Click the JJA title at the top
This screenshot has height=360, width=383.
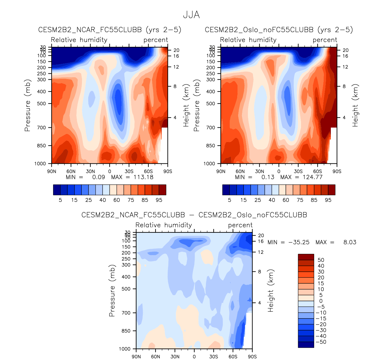tap(191, 15)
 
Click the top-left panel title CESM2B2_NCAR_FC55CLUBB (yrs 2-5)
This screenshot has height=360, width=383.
tap(110, 30)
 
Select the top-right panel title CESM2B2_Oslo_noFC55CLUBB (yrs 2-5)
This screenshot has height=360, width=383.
tap(279, 30)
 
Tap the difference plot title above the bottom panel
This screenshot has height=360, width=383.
tap(194, 215)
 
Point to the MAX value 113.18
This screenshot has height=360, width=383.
tap(144, 177)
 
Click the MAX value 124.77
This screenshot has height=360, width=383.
tap(313, 177)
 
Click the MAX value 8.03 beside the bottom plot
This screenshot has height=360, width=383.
tap(350, 242)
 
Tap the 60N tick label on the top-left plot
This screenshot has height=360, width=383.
tap(71, 171)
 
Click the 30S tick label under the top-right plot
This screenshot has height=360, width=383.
tap(298, 171)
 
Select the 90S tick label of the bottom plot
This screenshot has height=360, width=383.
tap(252, 357)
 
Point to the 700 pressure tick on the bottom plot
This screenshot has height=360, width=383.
tap(126, 313)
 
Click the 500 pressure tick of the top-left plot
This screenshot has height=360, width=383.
tap(41, 104)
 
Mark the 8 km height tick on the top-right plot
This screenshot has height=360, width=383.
tap(344, 86)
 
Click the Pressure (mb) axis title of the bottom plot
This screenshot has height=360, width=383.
tap(112, 290)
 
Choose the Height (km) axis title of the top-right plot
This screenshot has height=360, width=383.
tap(355, 105)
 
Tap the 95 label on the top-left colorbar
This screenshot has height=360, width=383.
tap(159, 200)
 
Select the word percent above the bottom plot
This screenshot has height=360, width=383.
tap(240, 225)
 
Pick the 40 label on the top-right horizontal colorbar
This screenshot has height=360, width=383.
tap(272, 200)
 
